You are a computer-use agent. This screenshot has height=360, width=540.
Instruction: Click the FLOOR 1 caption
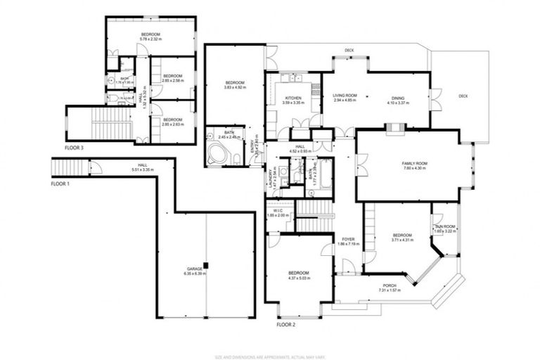click(61, 183)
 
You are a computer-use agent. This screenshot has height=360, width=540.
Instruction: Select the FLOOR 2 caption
click(285, 325)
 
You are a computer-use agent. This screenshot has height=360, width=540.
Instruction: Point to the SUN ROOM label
click(445, 226)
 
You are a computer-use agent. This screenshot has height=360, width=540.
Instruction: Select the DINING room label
click(397, 98)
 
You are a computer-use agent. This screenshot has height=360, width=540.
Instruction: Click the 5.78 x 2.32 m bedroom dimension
click(150, 40)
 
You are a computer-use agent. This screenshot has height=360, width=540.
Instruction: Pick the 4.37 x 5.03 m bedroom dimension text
click(298, 278)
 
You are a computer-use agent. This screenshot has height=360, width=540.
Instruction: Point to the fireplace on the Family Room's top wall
click(395, 128)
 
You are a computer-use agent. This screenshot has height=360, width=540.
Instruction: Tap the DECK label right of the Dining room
click(463, 96)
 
